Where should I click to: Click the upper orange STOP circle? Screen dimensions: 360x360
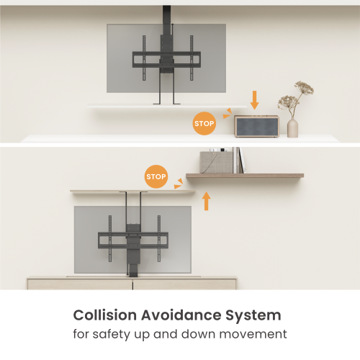point(204,123)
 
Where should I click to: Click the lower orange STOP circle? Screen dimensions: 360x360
point(156,176)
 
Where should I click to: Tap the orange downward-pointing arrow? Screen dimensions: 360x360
point(253,99)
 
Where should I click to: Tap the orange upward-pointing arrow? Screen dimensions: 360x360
point(207,199)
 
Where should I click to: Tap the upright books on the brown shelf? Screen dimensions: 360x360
point(239,160)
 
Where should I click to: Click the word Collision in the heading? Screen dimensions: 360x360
point(103,315)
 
